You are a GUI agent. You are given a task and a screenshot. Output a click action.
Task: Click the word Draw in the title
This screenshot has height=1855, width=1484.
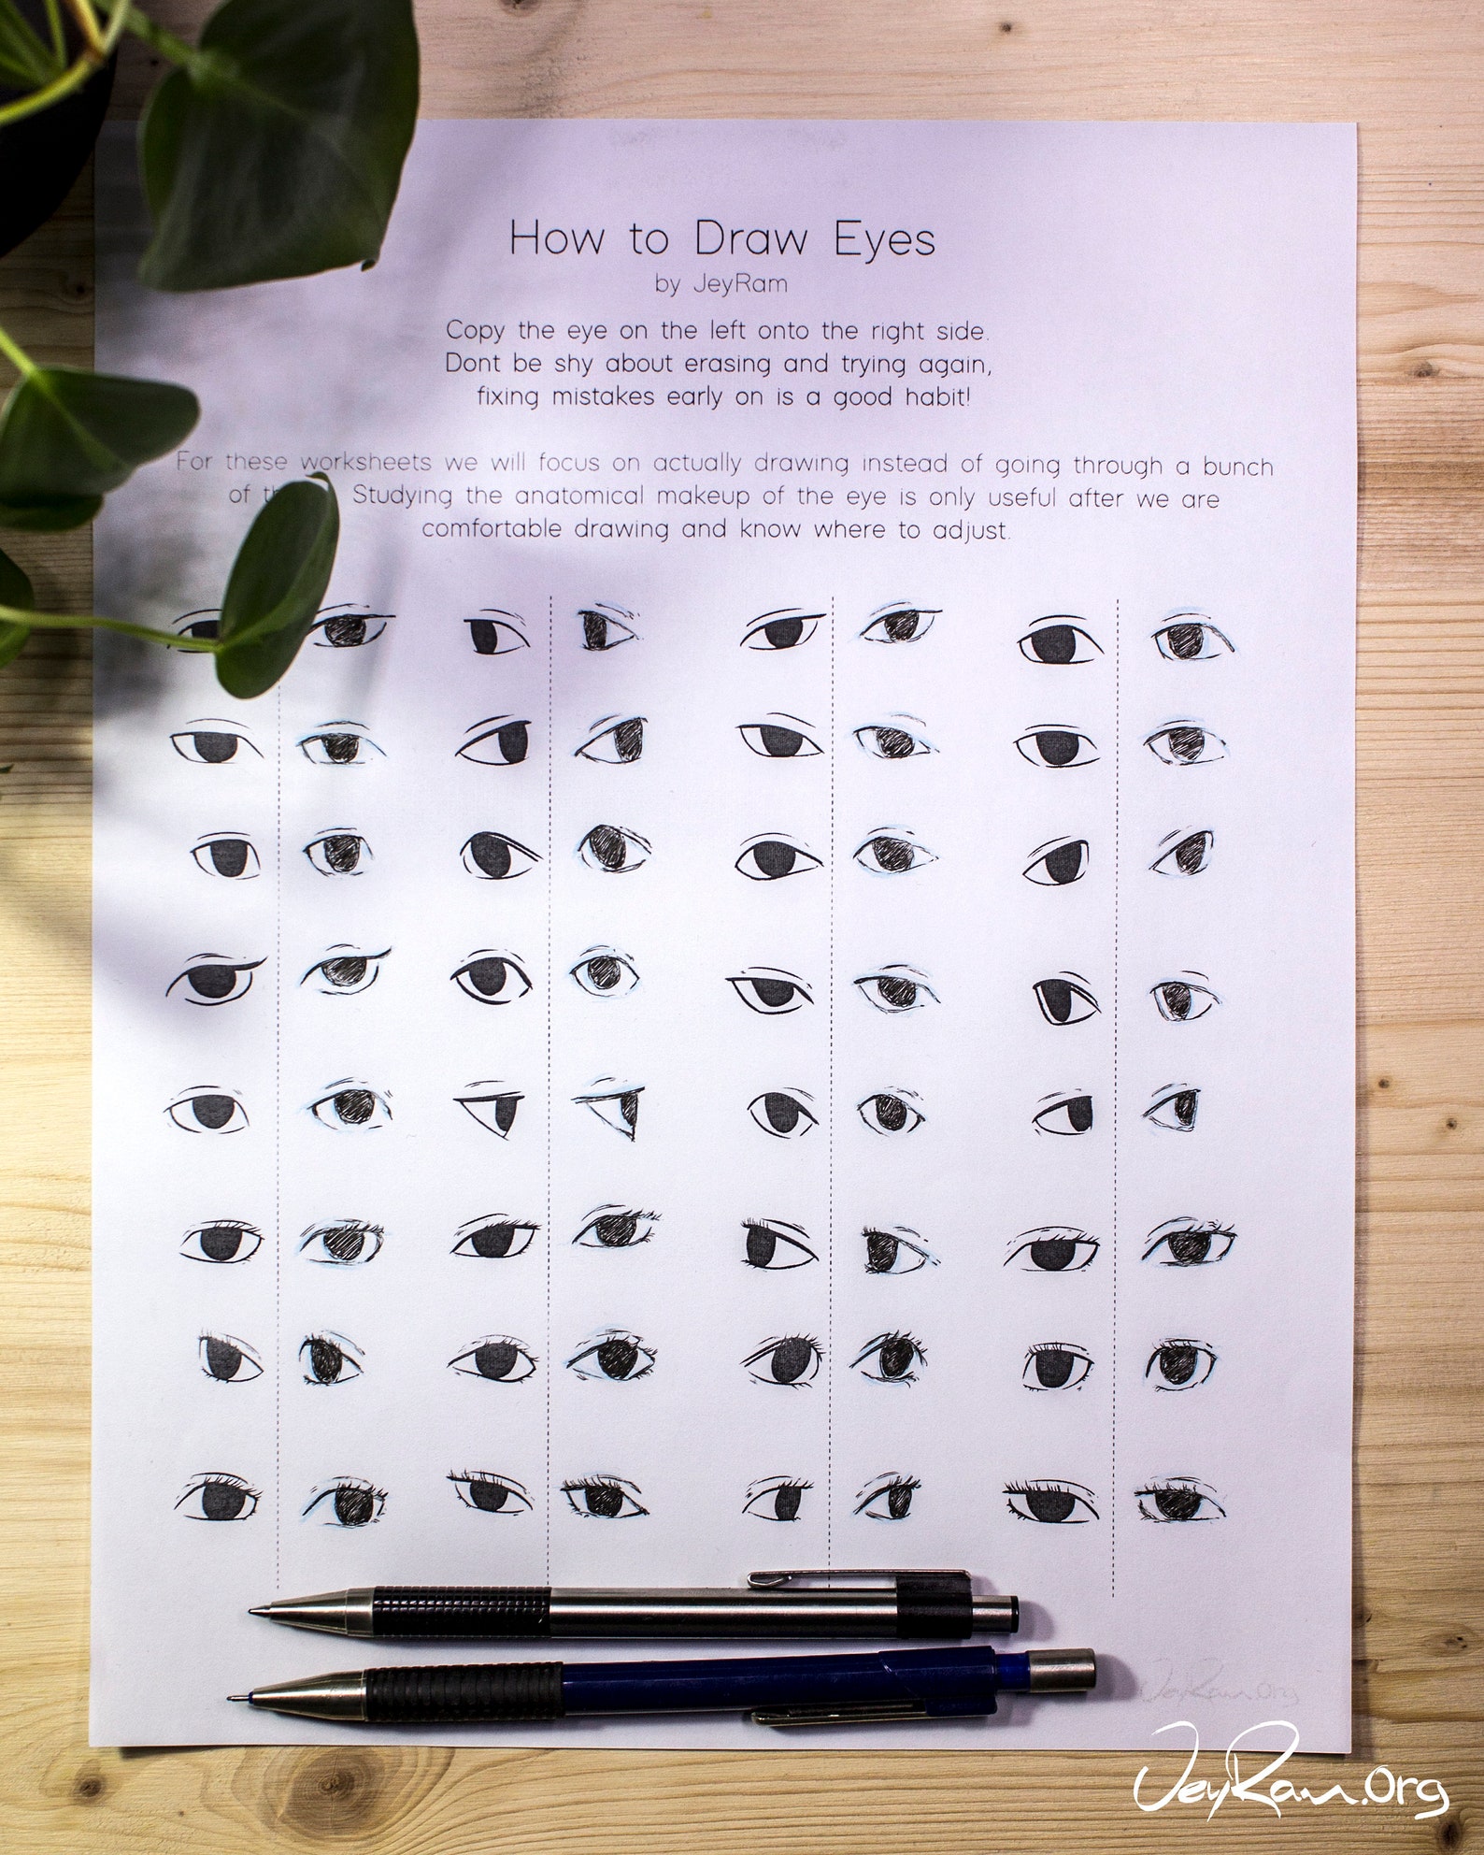[x=751, y=240]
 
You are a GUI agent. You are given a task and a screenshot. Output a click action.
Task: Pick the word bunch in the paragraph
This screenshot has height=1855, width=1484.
[x=1229, y=465]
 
